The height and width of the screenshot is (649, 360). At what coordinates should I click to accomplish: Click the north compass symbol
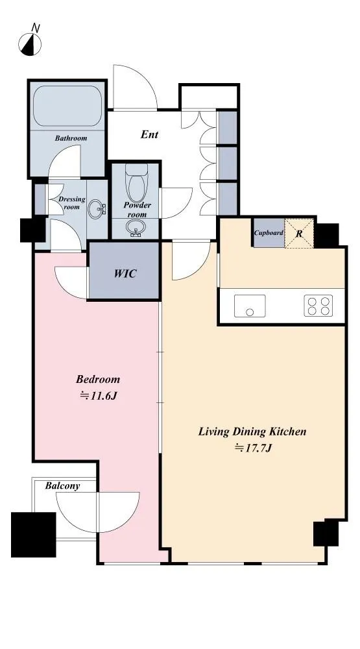[x=30, y=43]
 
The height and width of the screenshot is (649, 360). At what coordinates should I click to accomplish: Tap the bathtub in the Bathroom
[x=67, y=106]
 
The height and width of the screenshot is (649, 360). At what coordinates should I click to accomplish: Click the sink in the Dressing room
[x=98, y=208]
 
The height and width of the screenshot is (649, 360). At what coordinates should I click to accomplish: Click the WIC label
[x=125, y=274]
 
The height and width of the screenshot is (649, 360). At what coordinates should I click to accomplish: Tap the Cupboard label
[x=269, y=233]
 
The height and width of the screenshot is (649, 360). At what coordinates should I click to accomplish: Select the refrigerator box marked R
[x=299, y=233]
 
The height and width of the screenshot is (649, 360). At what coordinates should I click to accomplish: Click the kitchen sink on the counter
[x=250, y=306]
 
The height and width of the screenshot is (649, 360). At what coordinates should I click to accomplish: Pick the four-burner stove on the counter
[x=318, y=306]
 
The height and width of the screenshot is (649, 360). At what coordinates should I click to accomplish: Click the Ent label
[x=149, y=134]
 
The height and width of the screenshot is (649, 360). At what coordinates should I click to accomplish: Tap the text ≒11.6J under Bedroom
[x=99, y=396]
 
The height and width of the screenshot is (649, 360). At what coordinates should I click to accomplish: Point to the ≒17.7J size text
[x=253, y=448]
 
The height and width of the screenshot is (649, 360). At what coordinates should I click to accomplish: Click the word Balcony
[x=62, y=485]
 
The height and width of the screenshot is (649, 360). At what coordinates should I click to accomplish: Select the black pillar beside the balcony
[x=33, y=535]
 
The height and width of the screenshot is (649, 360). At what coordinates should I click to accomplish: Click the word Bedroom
[x=98, y=379]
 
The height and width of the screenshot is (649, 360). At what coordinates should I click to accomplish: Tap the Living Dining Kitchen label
[x=252, y=432]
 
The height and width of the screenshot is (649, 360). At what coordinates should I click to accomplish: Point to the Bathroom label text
[x=71, y=138]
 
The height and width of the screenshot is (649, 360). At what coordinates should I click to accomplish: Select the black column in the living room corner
[x=326, y=532]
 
